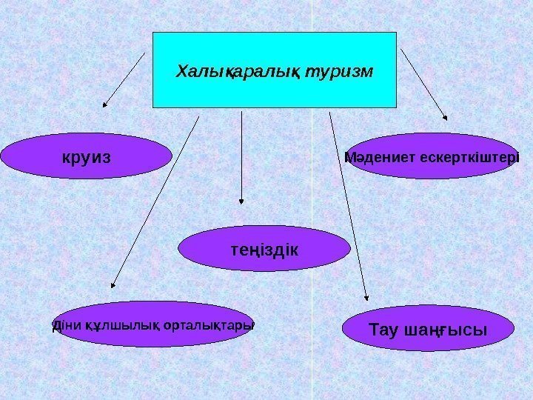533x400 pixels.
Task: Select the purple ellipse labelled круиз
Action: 87,156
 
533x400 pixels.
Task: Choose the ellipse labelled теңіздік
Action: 265,247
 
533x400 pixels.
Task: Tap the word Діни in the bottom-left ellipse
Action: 65,325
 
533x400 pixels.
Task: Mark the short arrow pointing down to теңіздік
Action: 241,156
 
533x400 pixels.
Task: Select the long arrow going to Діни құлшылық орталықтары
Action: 155,200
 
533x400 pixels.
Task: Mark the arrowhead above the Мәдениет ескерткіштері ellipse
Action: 444,116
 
